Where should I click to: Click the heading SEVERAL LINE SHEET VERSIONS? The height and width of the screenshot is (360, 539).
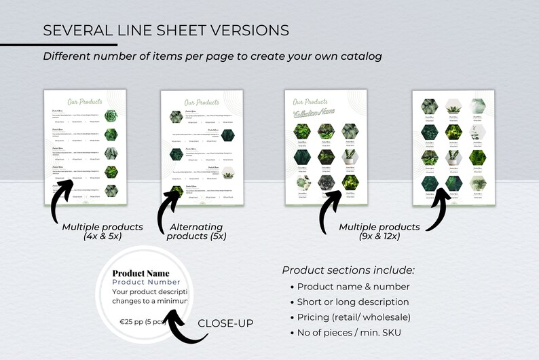coord(166,31)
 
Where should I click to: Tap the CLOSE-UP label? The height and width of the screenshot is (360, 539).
coord(225,323)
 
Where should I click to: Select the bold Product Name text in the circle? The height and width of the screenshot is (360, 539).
coord(141,274)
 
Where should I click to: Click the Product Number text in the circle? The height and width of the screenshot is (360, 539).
coord(146,282)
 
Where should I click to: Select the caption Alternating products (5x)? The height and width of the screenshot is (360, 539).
coord(198,231)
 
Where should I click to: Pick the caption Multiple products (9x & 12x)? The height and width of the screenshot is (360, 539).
coord(379,231)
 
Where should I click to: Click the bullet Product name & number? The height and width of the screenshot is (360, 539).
coord(353,287)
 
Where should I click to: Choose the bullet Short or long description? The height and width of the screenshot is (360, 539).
coord(353,302)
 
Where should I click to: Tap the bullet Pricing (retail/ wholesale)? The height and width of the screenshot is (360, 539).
coord(354,317)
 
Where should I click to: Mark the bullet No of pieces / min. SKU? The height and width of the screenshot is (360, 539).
coord(349,331)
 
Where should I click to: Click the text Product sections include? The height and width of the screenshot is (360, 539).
coord(348,270)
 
